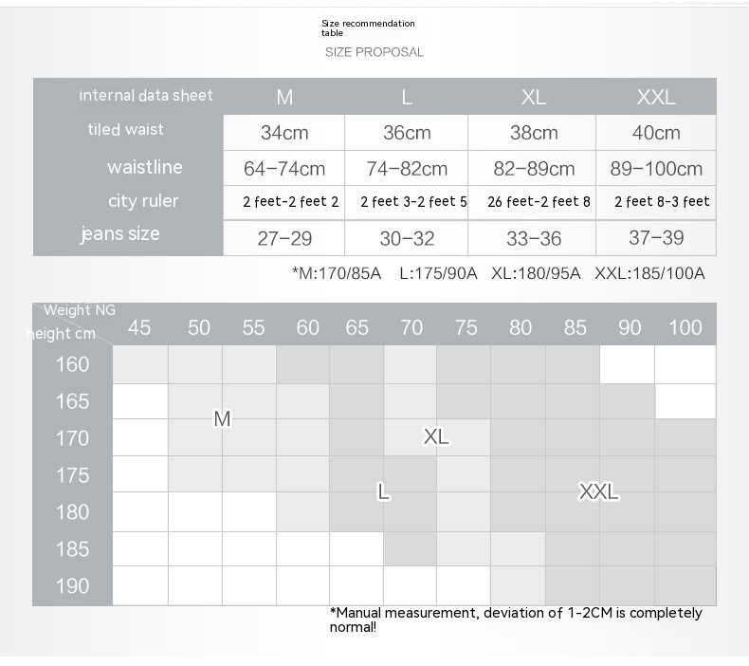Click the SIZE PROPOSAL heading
[374, 52]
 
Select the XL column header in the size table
[533, 97]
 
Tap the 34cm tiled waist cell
[283, 133]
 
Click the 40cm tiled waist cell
[656, 133]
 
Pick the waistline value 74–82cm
[407, 169]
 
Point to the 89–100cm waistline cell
[656, 169]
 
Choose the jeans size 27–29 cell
[284, 238]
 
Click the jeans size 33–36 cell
[534, 238]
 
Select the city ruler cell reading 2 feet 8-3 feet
[662, 201]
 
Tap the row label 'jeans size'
[119, 233]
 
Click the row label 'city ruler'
[142, 200]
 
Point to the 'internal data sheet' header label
[146, 95]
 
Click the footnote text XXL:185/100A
[649, 273]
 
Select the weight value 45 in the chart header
[139, 327]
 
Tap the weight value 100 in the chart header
[685, 327]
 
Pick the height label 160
[72, 364]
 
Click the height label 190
[72, 585]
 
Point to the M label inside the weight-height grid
[222, 418]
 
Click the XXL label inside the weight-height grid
[598, 491]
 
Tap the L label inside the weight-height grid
[383, 491]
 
